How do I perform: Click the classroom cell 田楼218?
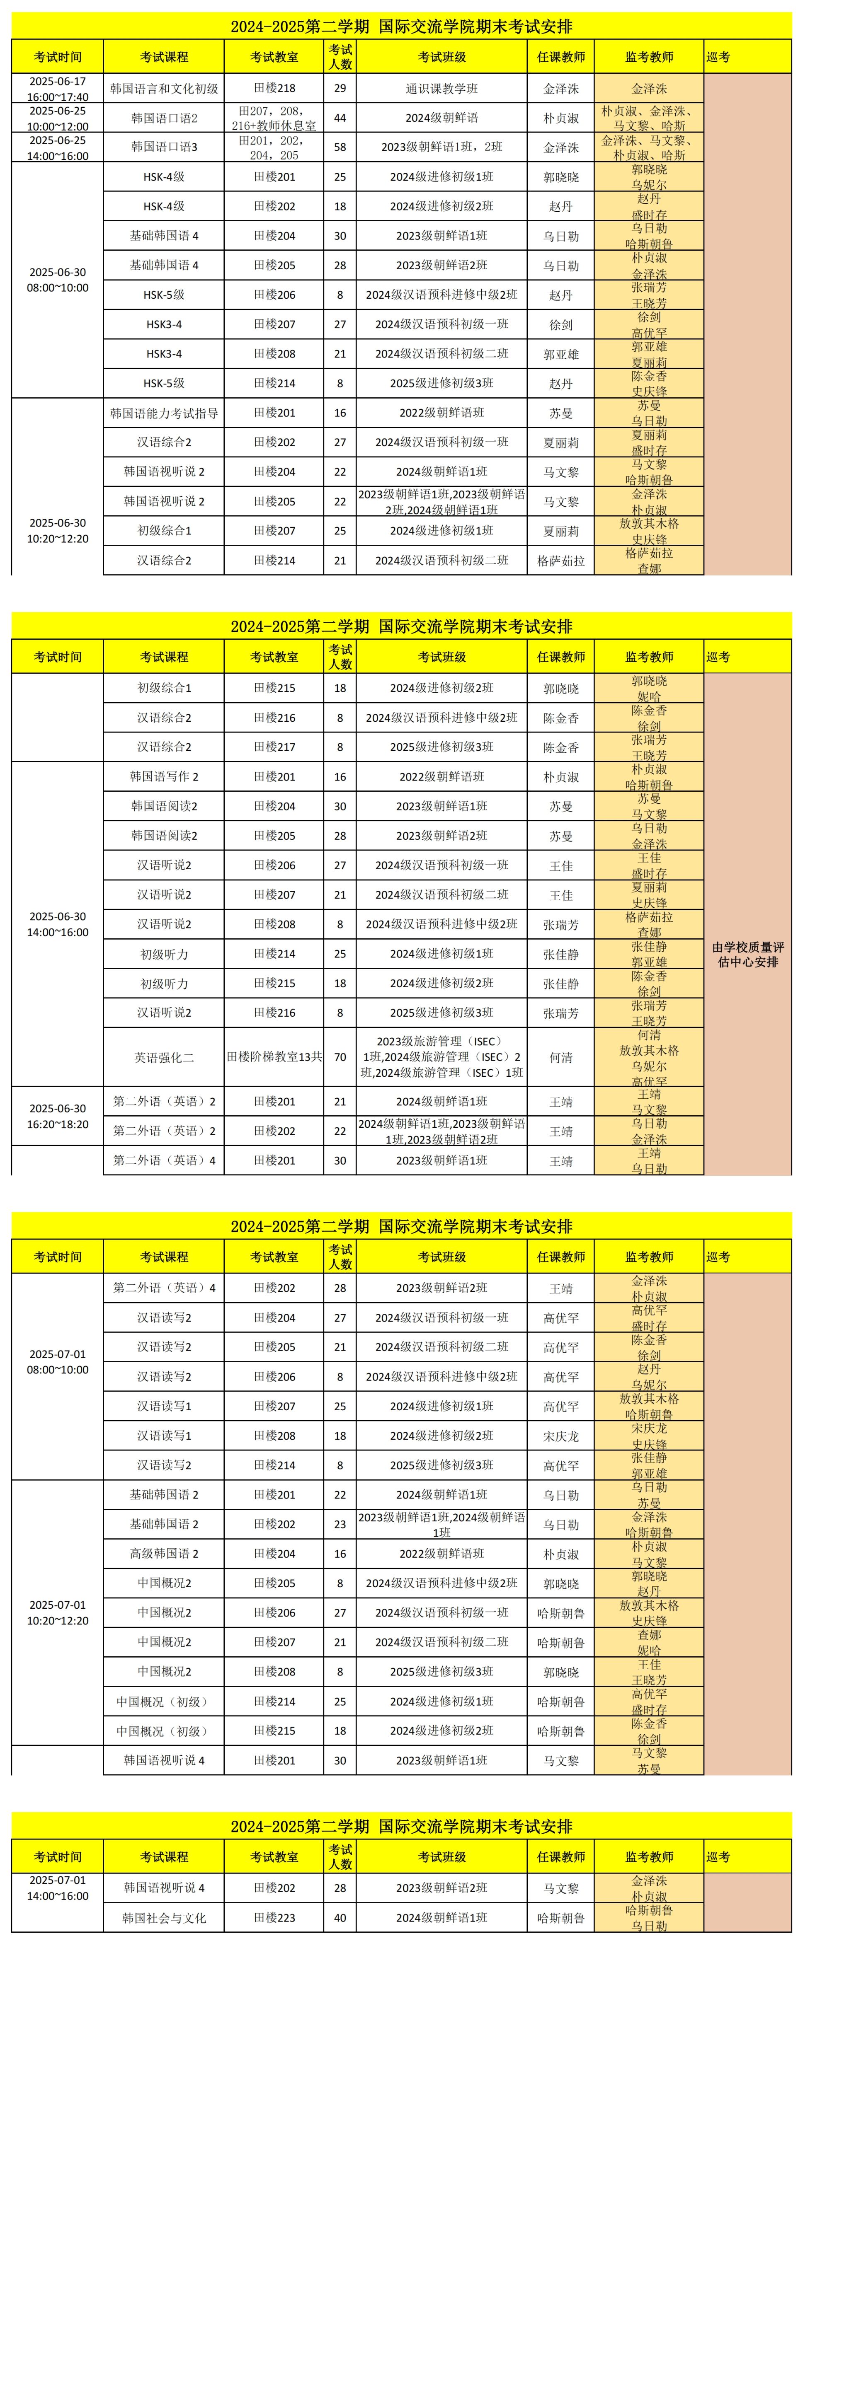pyautogui.click(x=274, y=89)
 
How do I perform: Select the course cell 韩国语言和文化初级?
pyautogui.click(x=164, y=89)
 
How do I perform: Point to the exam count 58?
pyautogui.click(x=340, y=147)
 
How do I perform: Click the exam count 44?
pyautogui.click(x=340, y=118)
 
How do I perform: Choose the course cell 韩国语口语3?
pyautogui.click(x=164, y=147)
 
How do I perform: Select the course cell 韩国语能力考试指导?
pyautogui.click(x=164, y=413)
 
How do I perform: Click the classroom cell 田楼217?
pyautogui.click(x=274, y=747)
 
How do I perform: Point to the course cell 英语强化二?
pyautogui.click(x=164, y=1057)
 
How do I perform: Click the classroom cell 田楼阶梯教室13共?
pyautogui.click(x=274, y=1057)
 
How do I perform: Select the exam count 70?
pyautogui.click(x=340, y=1057)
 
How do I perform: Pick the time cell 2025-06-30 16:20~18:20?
pyautogui.click(x=58, y=1116)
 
